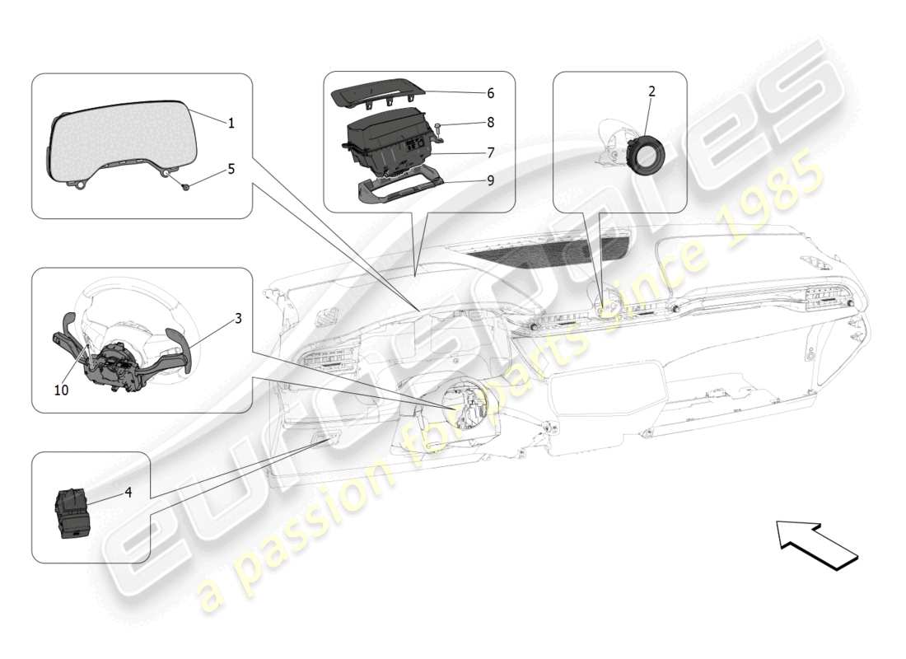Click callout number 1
[x=231, y=124]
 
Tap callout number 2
[x=651, y=91]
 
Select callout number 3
[x=238, y=318]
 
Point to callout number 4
[x=128, y=493]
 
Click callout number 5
[x=231, y=169]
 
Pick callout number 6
[x=490, y=93]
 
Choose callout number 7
[x=490, y=152]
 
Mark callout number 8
[x=490, y=123]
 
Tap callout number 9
[x=490, y=180]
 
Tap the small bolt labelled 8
[x=441, y=126]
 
